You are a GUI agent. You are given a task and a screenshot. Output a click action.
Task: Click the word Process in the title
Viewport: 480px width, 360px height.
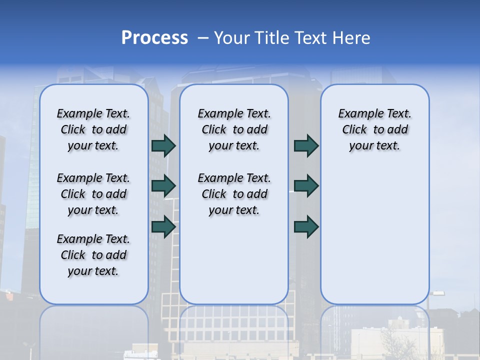point(154,37)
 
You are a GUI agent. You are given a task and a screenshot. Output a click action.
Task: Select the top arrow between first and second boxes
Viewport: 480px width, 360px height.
point(163,145)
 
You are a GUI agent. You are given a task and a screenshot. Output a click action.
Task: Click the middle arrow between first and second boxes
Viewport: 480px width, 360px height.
point(163,186)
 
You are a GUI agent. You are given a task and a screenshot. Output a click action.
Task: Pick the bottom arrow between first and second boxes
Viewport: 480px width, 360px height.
point(163,226)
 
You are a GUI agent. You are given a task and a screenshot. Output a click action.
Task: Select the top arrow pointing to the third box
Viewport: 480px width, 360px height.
point(306,145)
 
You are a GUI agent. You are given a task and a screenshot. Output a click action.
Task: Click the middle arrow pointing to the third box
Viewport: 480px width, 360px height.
point(306,186)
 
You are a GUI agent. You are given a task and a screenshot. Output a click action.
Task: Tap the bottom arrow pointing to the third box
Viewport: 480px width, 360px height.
point(306,226)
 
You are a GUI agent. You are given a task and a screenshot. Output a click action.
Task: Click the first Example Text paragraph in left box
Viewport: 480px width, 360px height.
point(93,129)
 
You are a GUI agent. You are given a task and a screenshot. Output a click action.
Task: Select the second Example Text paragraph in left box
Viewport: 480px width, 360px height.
point(93,194)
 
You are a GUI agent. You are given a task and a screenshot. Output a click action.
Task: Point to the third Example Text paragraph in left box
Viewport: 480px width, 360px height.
point(93,255)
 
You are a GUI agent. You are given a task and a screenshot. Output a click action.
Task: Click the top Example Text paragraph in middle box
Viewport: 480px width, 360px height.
point(234,129)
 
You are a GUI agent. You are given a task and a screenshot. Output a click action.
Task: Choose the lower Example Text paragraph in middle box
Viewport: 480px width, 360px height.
point(234,194)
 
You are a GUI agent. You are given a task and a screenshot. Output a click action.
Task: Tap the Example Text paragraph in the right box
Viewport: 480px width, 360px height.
point(374,129)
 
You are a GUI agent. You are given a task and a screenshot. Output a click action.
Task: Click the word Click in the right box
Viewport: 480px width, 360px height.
point(354,130)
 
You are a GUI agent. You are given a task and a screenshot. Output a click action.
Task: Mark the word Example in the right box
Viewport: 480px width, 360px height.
point(359,114)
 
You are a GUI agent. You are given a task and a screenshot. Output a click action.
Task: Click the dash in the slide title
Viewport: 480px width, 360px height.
point(203,37)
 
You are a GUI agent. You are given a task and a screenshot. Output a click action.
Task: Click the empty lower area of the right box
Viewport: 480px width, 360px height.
point(374,235)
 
